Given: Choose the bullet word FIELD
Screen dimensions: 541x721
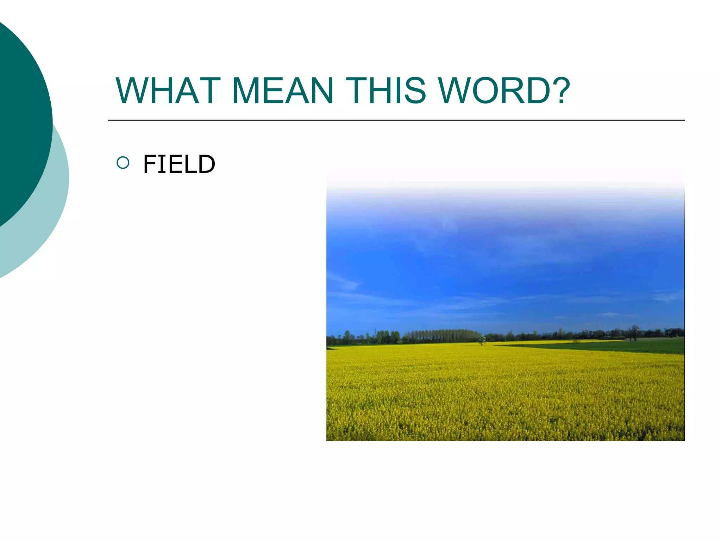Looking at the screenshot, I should (179, 164).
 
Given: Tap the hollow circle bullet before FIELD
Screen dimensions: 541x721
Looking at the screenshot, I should (123, 163).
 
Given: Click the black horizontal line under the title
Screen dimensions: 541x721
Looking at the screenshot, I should (396, 120).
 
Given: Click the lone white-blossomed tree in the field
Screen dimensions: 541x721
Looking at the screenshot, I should (482, 340).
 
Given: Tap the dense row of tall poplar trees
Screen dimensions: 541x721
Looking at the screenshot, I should (440, 336).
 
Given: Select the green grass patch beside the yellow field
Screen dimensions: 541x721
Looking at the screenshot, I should (616, 346).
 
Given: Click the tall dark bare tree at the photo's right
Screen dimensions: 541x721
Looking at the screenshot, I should (634, 332).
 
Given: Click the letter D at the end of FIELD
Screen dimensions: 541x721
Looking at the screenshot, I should (206, 164).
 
